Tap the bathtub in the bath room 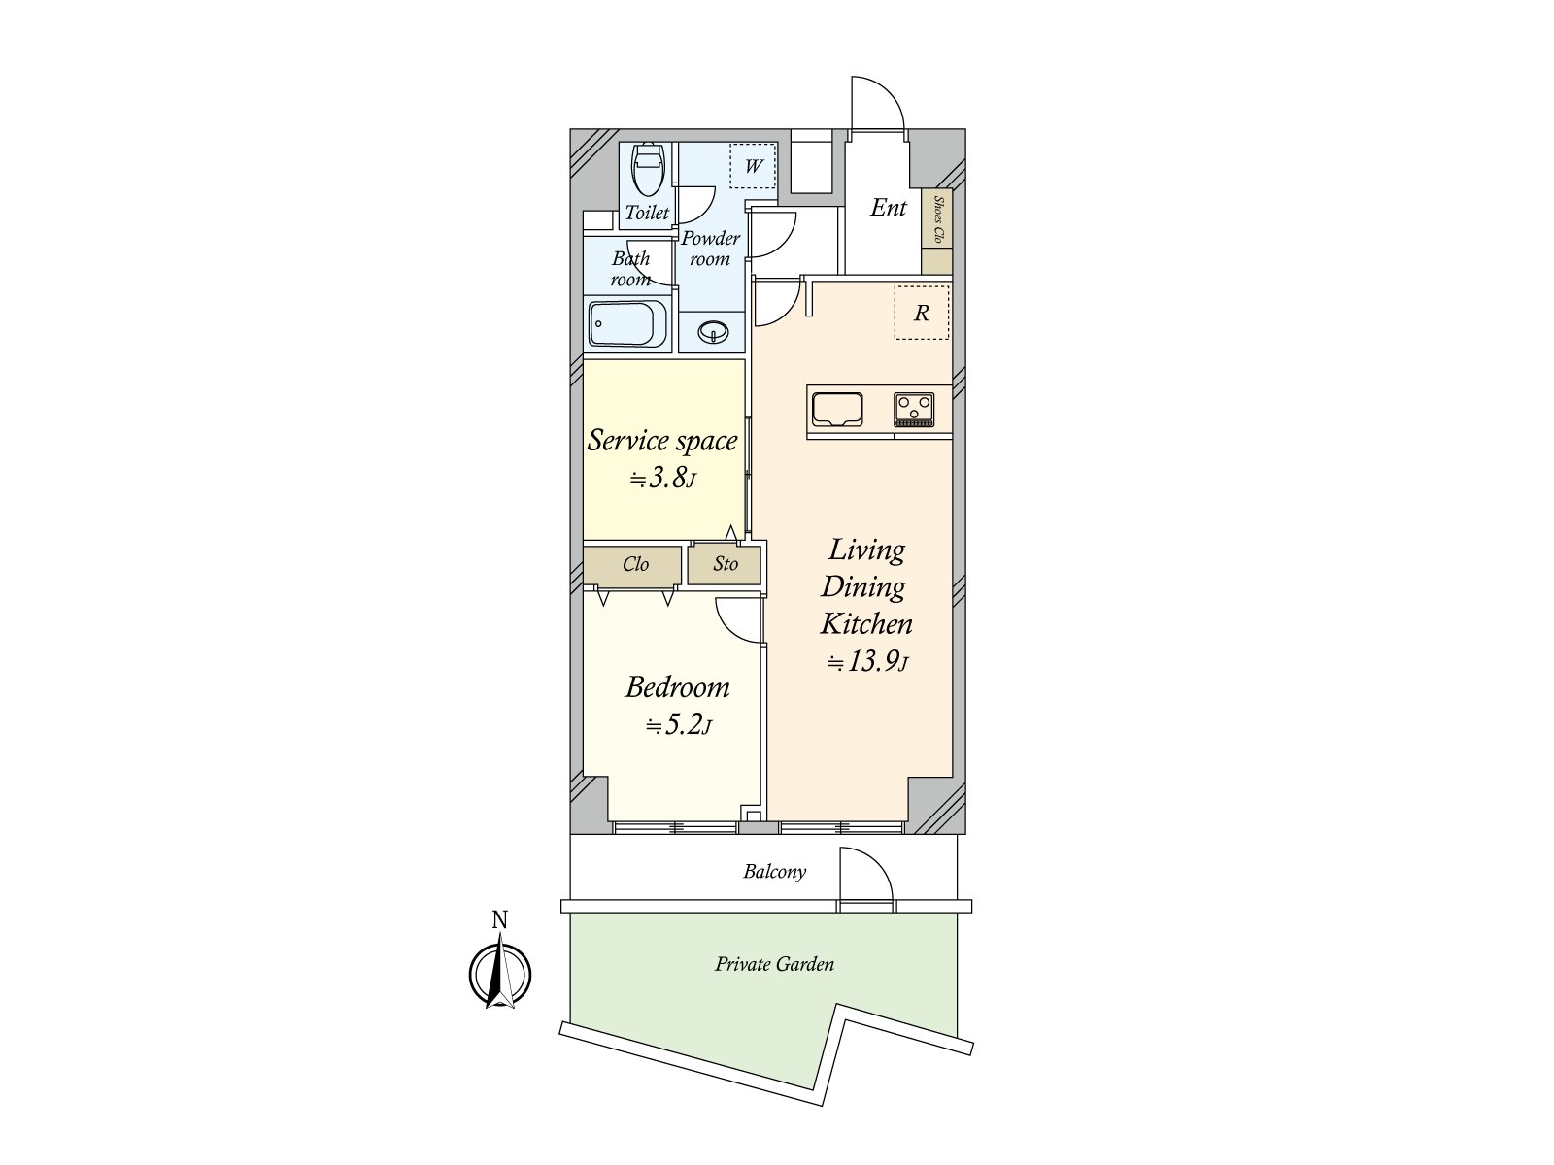click(x=627, y=323)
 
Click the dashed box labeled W click(x=753, y=166)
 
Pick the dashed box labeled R click(x=921, y=313)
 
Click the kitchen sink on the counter click(x=837, y=409)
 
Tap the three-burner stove click(x=914, y=409)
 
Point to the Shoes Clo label click(x=938, y=218)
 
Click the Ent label click(x=888, y=208)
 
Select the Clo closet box click(x=635, y=565)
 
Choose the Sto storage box click(x=725, y=565)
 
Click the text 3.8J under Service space click(x=662, y=478)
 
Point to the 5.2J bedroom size click(x=679, y=725)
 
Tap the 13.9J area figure click(x=867, y=663)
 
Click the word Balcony click(x=774, y=872)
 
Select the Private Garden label click(x=774, y=964)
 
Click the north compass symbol click(x=500, y=974)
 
